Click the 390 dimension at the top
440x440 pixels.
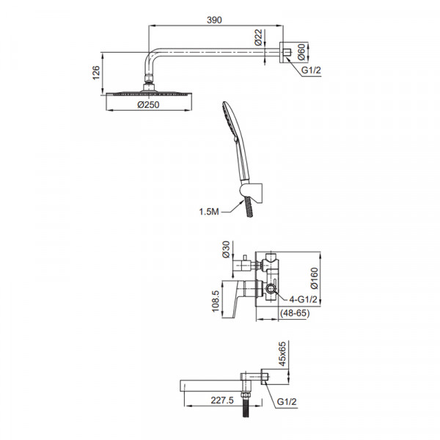click(214, 20)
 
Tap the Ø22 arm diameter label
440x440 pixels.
click(258, 37)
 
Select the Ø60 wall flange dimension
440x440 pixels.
click(301, 52)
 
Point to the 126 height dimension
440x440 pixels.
click(96, 73)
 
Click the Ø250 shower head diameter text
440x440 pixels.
click(148, 105)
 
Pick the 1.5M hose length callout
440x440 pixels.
click(209, 212)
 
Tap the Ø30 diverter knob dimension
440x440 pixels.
click(226, 249)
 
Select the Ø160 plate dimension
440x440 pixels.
click(315, 278)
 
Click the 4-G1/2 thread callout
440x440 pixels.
click(303, 299)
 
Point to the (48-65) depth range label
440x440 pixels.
click(295, 313)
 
